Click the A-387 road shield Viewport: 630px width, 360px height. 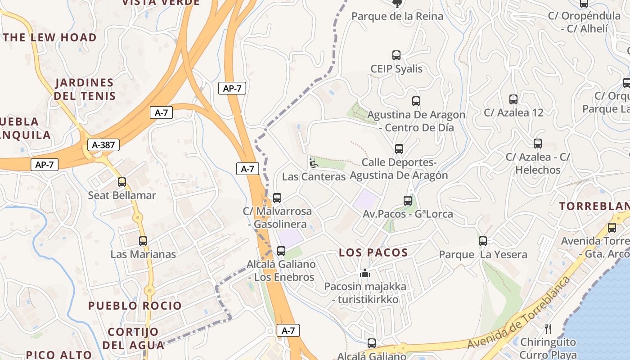[x=103, y=145]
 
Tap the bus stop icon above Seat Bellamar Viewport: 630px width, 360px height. [x=122, y=182]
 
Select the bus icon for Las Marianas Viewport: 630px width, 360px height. [x=143, y=241]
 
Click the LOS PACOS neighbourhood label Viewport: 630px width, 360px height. [x=373, y=253]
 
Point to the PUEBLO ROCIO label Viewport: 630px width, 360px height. [x=135, y=306]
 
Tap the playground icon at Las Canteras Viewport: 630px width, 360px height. [x=314, y=162]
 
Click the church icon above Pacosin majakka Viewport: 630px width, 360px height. [x=365, y=273]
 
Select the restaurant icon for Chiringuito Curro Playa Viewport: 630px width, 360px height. [x=548, y=329]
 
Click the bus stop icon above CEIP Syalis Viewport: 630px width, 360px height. [x=396, y=55]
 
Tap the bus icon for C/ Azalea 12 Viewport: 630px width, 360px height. [x=513, y=99]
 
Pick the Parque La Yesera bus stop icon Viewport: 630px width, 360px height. [x=483, y=241]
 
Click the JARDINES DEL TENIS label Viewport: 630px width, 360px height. [x=85, y=89]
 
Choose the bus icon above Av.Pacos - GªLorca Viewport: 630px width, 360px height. [x=408, y=201]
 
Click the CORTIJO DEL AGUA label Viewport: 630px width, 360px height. [x=133, y=339]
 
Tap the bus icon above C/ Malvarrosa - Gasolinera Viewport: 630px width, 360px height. [x=277, y=198]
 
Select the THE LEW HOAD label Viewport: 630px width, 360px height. [x=50, y=37]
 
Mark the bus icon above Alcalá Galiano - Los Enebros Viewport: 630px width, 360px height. [x=281, y=251]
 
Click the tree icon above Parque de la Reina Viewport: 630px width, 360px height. [x=397, y=4]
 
